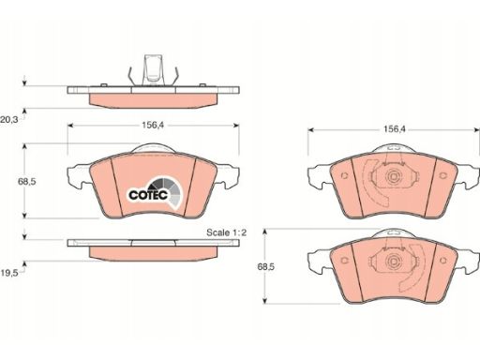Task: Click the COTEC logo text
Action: (x=148, y=195)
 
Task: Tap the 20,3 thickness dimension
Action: (x=9, y=119)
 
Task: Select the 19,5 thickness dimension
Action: (x=9, y=273)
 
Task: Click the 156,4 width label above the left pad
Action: (x=153, y=126)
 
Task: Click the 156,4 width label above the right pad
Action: (x=395, y=129)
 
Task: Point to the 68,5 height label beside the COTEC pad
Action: (x=27, y=182)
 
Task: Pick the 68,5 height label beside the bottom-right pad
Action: (x=266, y=267)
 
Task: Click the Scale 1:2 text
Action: (x=227, y=232)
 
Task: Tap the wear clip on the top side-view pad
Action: (x=153, y=70)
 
